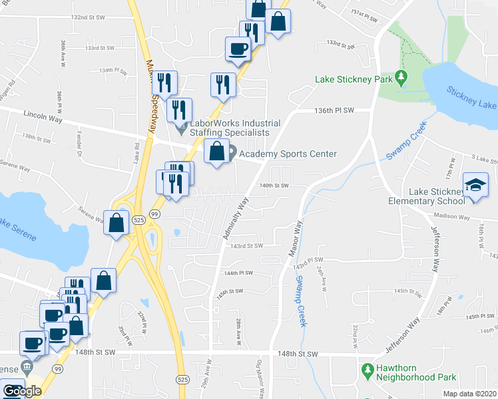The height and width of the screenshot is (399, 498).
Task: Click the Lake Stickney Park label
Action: (353, 80)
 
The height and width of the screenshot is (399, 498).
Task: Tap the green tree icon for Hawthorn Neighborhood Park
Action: (366, 368)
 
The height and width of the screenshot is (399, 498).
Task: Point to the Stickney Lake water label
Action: (471, 98)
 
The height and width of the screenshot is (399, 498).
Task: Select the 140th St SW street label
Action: (274, 186)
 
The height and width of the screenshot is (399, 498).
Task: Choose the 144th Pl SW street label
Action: (239, 273)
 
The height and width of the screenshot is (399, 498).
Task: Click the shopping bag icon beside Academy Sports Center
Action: (216, 152)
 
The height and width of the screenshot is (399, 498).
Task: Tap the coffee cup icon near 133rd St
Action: (238, 48)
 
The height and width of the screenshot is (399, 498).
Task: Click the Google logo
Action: (21, 392)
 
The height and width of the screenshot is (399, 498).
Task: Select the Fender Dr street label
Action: (79, 150)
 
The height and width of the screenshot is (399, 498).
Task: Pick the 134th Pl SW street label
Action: (114, 70)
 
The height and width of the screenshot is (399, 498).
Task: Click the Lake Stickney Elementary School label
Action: (437, 196)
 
